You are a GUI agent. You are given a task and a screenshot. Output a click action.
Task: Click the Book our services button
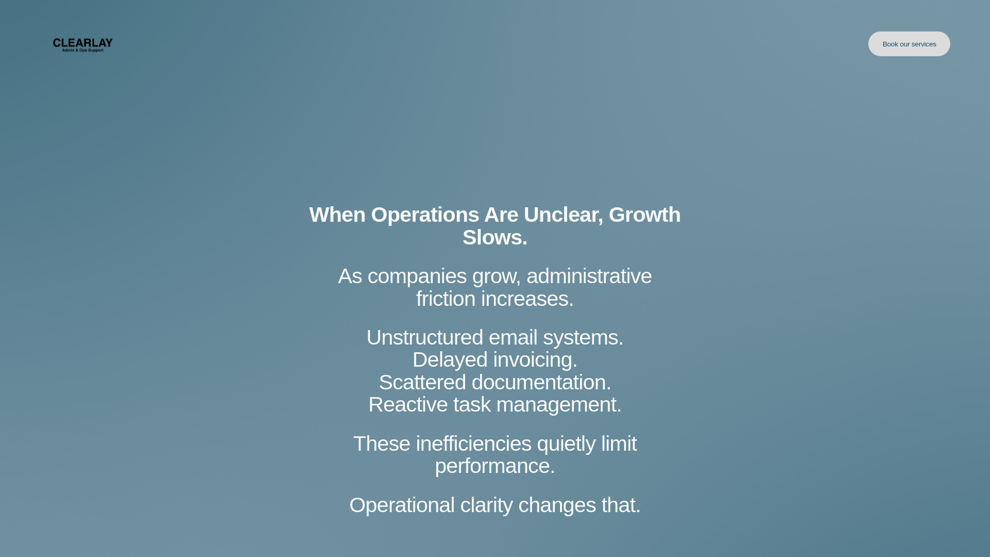[x=909, y=44]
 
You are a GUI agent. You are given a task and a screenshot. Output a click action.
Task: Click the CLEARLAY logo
[x=82, y=45]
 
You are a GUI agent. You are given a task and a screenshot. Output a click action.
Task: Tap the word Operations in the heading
[x=425, y=215]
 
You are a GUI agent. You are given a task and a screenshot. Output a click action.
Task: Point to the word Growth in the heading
[x=645, y=215]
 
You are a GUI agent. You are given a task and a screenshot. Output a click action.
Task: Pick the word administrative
[x=589, y=276]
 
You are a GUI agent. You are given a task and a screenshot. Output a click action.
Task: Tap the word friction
[x=445, y=299]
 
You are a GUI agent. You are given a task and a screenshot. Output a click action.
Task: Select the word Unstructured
[x=424, y=337]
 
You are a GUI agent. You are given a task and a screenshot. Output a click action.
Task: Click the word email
[x=513, y=337]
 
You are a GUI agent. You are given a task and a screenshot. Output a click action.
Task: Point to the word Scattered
[x=422, y=382]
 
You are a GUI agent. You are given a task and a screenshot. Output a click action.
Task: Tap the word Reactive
[x=408, y=404]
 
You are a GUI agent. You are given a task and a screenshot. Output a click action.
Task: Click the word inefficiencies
[x=473, y=444]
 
